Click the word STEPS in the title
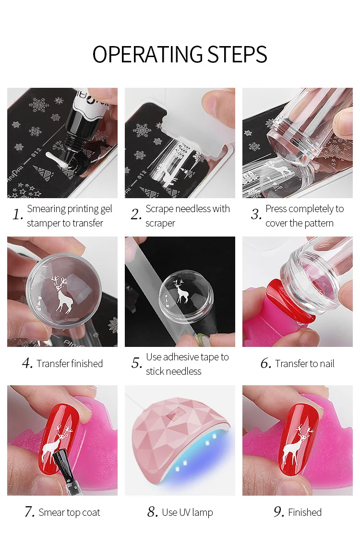[x=238, y=54]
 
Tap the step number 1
[x=17, y=214]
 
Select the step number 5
[x=136, y=363]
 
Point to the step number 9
[x=278, y=512]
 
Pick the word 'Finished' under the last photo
[x=305, y=512]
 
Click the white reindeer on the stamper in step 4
[x=63, y=295]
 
